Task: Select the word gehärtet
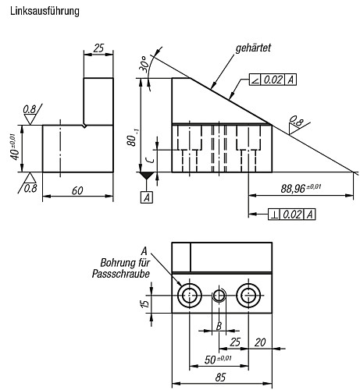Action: pos(252,48)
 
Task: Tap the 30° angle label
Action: pos(144,62)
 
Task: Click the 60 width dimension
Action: pos(77,190)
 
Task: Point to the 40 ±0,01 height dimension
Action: pos(12,147)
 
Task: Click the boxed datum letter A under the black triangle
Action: pos(146,197)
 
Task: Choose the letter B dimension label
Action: pos(219,326)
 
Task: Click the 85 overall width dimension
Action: pos(223,377)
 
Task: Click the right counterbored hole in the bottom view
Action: pos(250,295)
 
